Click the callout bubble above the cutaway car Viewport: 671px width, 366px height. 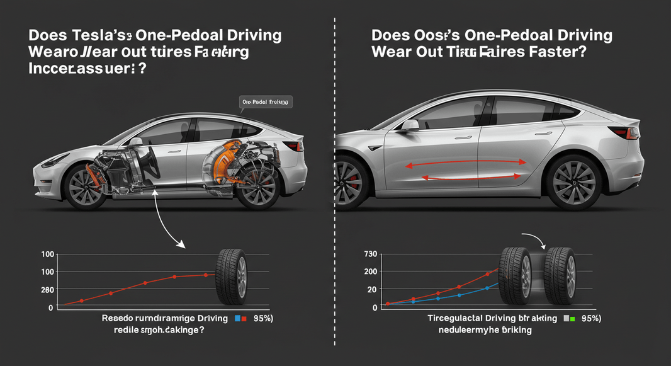click(268, 101)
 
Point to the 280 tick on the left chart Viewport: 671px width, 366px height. click(47, 290)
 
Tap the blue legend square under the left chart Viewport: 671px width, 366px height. click(237, 319)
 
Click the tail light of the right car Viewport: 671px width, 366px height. click(632, 133)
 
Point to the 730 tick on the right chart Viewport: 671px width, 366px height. click(370, 253)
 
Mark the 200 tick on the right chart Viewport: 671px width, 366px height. click(370, 271)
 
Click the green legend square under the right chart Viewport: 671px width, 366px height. click(573, 319)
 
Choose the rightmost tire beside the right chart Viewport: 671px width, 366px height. click(560, 275)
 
